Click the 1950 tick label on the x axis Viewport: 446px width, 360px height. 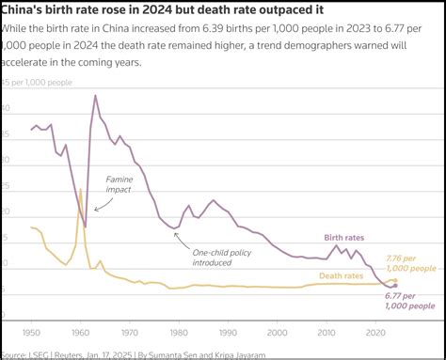coord(32,334)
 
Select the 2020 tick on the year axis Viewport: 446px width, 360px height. coord(376,334)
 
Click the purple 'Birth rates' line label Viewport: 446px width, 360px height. coord(343,238)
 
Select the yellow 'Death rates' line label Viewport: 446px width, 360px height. coord(341,275)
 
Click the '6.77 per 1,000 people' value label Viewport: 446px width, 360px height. coord(410,301)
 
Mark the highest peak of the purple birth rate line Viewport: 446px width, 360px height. coord(95,96)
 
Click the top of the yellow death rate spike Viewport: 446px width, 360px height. coord(80,190)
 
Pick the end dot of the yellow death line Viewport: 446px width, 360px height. coord(395,280)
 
